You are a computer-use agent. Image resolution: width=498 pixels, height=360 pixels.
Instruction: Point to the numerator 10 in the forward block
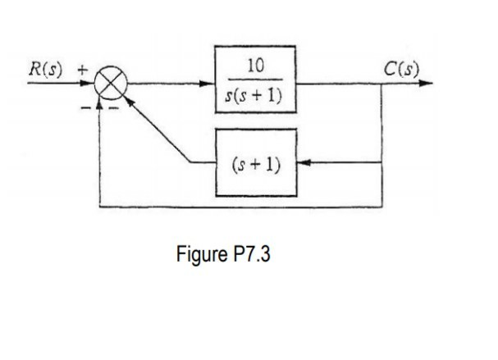255,66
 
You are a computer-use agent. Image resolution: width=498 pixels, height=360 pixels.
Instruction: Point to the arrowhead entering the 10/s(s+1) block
209,83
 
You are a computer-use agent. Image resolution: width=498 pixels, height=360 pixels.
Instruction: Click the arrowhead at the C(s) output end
426,83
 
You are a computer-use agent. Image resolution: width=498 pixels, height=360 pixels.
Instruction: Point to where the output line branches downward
381,83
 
